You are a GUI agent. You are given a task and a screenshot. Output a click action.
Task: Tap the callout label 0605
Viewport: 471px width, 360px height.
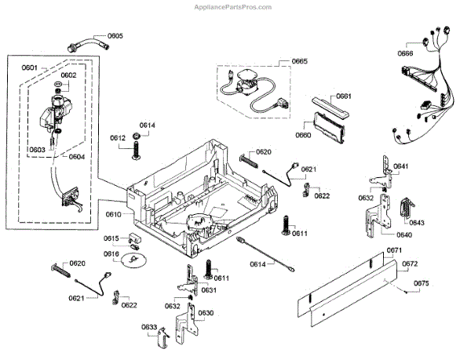coord(115,36)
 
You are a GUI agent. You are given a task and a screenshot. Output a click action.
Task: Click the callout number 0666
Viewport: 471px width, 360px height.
coord(405,53)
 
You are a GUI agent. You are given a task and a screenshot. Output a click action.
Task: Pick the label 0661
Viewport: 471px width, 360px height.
coord(343,96)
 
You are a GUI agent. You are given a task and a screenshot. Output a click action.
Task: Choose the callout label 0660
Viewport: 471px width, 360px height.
coord(303,135)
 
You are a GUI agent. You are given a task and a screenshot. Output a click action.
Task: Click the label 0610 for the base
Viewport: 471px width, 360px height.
coord(114,214)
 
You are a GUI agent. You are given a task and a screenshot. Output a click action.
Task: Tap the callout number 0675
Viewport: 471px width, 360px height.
coord(421,282)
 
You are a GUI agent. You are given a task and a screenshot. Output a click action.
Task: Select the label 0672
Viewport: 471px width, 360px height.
coord(410,264)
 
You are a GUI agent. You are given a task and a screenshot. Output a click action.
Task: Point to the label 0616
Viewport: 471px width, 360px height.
coord(111,254)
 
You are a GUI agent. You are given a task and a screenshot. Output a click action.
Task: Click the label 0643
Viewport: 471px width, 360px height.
coord(416,223)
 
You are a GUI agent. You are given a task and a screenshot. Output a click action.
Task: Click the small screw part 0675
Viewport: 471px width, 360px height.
coord(403,292)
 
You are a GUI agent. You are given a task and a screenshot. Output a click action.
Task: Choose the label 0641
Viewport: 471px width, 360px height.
coord(400,166)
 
